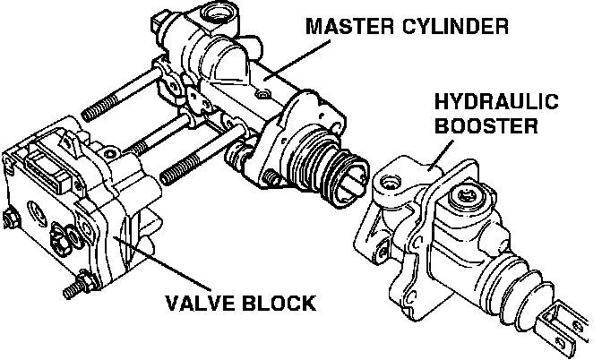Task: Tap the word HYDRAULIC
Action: (x=496, y=101)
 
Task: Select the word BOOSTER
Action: (x=486, y=125)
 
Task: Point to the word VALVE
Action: (x=201, y=303)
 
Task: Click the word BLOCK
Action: (x=279, y=303)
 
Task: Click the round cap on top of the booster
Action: (x=467, y=197)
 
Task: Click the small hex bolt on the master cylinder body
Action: (x=263, y=94)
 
